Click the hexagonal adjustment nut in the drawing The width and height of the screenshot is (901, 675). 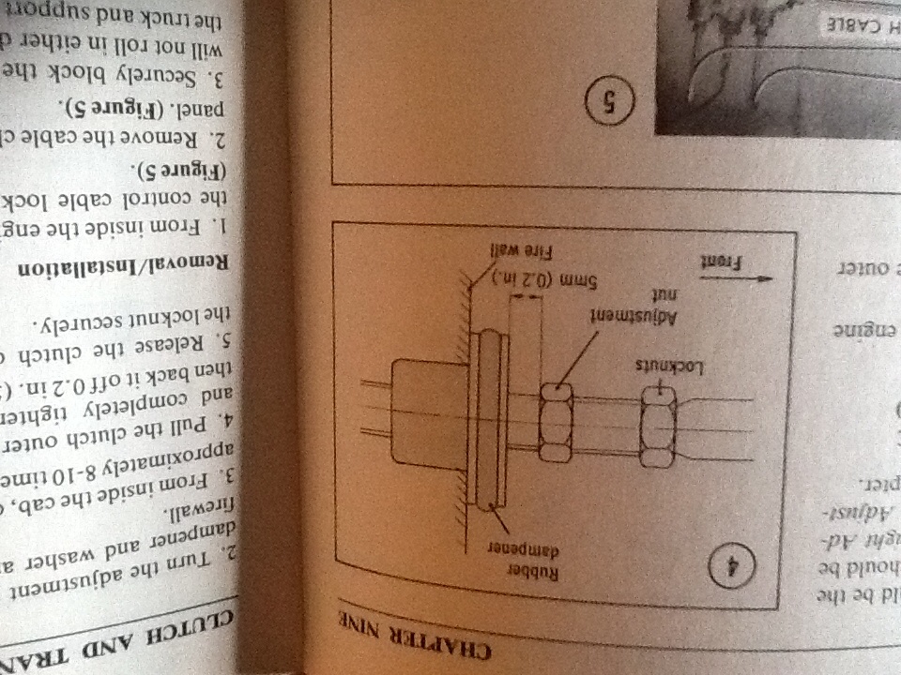pyautogui.click(x=557, y=425)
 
